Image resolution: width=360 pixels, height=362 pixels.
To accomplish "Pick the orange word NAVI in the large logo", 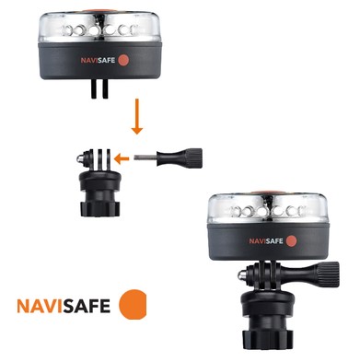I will [42, 305].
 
